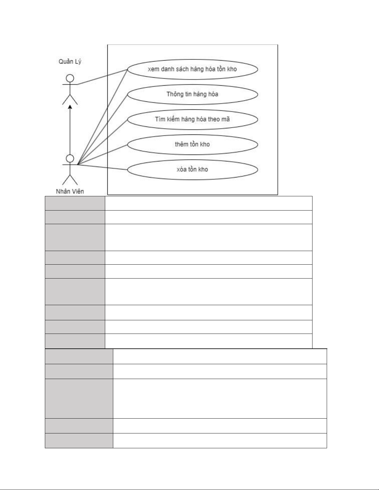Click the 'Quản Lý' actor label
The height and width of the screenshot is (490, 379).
coord(70,62)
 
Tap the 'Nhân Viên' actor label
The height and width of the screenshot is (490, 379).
coord(70,191)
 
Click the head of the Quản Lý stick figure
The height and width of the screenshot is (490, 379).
coord(70,78)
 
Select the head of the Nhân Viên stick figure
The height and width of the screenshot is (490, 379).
coord(70,159)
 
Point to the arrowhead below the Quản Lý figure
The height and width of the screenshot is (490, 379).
coord(70,107)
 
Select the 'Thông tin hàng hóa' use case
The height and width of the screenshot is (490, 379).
coord(192,95)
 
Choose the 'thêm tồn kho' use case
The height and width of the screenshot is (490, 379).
coord(192,145)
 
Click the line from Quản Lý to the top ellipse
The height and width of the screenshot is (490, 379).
coord(102,77)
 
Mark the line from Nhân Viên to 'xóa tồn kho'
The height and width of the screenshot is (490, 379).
coord(102,167)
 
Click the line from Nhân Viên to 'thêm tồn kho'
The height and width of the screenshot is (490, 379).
coord(102,155)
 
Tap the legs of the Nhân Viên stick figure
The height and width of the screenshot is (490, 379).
coord(70,180)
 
